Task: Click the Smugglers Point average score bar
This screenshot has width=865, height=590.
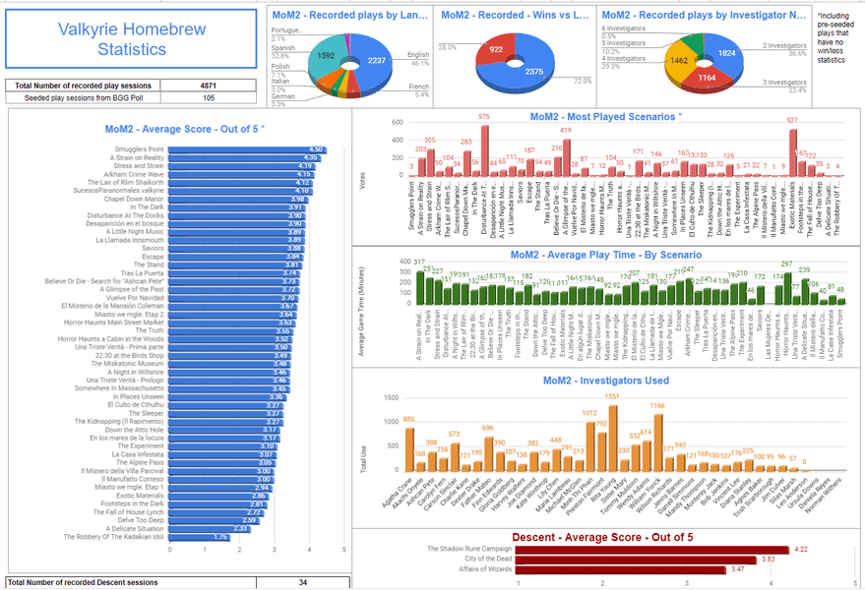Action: click(x=246, y=150)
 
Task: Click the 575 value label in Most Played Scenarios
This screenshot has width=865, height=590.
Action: click(x=484, y=116)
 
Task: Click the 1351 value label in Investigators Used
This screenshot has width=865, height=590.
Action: click(x=611, y=396)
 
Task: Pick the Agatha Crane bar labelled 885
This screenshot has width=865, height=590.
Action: click(x=408, y=443)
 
